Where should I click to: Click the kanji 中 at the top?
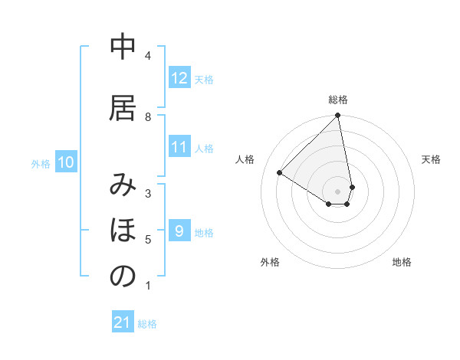pyautogui.click(x=123, y=48)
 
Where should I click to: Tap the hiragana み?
pyautogui.click(x=123, y=187)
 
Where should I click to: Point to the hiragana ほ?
pyautogui.click(x=123, y=231)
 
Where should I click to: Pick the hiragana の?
pyautogui.click(x=123, y=277)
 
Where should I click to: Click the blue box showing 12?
pyautogui.click(x=179, y=78)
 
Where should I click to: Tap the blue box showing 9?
pyautogui.click(x=179, y=231)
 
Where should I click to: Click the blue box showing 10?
pyautogui.click(x=66, y=162)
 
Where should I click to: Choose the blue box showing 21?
pyautogui.click(x=123, y=322)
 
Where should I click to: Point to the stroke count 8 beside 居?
pyautogui.click(x=147, y=116)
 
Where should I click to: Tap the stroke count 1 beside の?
pyautogui.click(x=147, y=286)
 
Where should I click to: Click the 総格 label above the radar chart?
pyautogui.click(x=338, y=100)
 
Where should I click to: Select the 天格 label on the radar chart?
pyautogui.click(x=431, y=159)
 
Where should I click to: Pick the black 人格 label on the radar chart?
pyautogui.click(x=245, y=159)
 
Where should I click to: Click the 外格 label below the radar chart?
pyautogui.click(x=270, y=262)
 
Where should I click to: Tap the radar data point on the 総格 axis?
pyautogui.click(x=338, y=116)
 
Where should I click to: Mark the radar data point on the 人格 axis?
pyautogui.click(x=280, y=173)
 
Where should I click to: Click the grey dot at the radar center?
pyautogui.click(x=338, y=191)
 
